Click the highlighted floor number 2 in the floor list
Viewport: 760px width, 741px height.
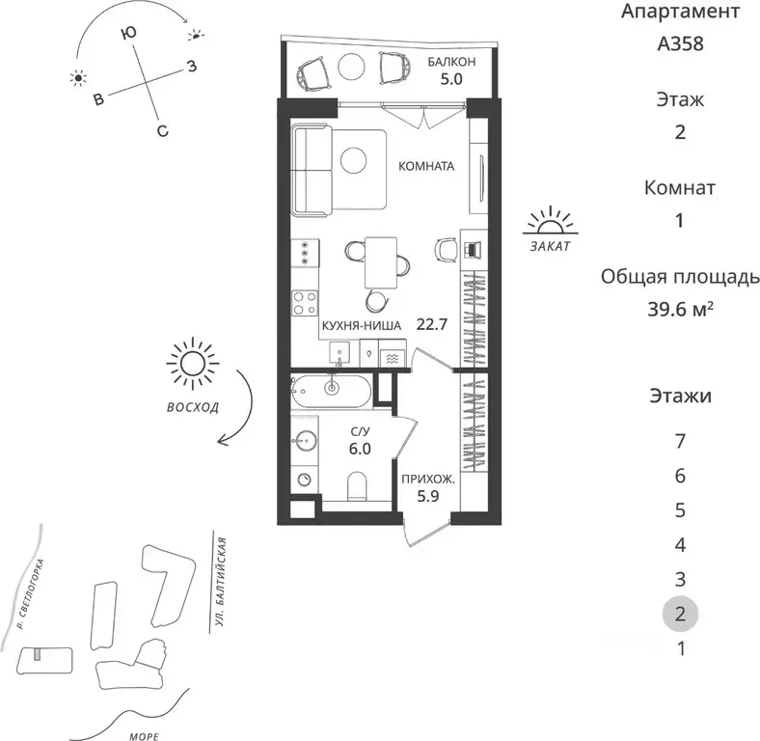click(x=680, y=614)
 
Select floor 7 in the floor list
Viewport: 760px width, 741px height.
click(x=680, y=441)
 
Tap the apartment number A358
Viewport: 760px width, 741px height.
click(x=680, y=43)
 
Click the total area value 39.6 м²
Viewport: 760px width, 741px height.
click(x=681, y=309)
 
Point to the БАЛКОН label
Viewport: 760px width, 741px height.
click(x=451, y=62)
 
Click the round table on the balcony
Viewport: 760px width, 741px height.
click(x=351, y=67)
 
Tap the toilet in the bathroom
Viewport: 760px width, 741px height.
click(x=358, y=486)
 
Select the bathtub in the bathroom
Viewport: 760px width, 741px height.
click(x=331, y=392)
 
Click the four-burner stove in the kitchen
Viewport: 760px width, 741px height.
click(x=305, y=303)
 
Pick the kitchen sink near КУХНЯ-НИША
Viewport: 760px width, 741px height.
click(x=339, y=353)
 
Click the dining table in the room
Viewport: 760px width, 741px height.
click(x=381, y=262)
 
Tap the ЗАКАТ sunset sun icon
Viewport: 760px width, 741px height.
click(x=550, y=221)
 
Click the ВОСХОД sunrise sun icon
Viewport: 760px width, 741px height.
click(x=193, y=363)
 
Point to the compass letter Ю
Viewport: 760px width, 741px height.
click(x=128, y=33)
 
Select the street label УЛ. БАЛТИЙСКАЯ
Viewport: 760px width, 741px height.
click(x=221, y=582)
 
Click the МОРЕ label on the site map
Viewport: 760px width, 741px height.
click(x=145, y=736)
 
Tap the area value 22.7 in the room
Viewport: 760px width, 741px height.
click(x=431, y=324)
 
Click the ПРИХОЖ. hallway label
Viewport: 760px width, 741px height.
click(x=428, y=480)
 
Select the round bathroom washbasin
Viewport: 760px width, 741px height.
click(x=305, y=440)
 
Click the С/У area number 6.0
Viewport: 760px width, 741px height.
click(x=360, y=449)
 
